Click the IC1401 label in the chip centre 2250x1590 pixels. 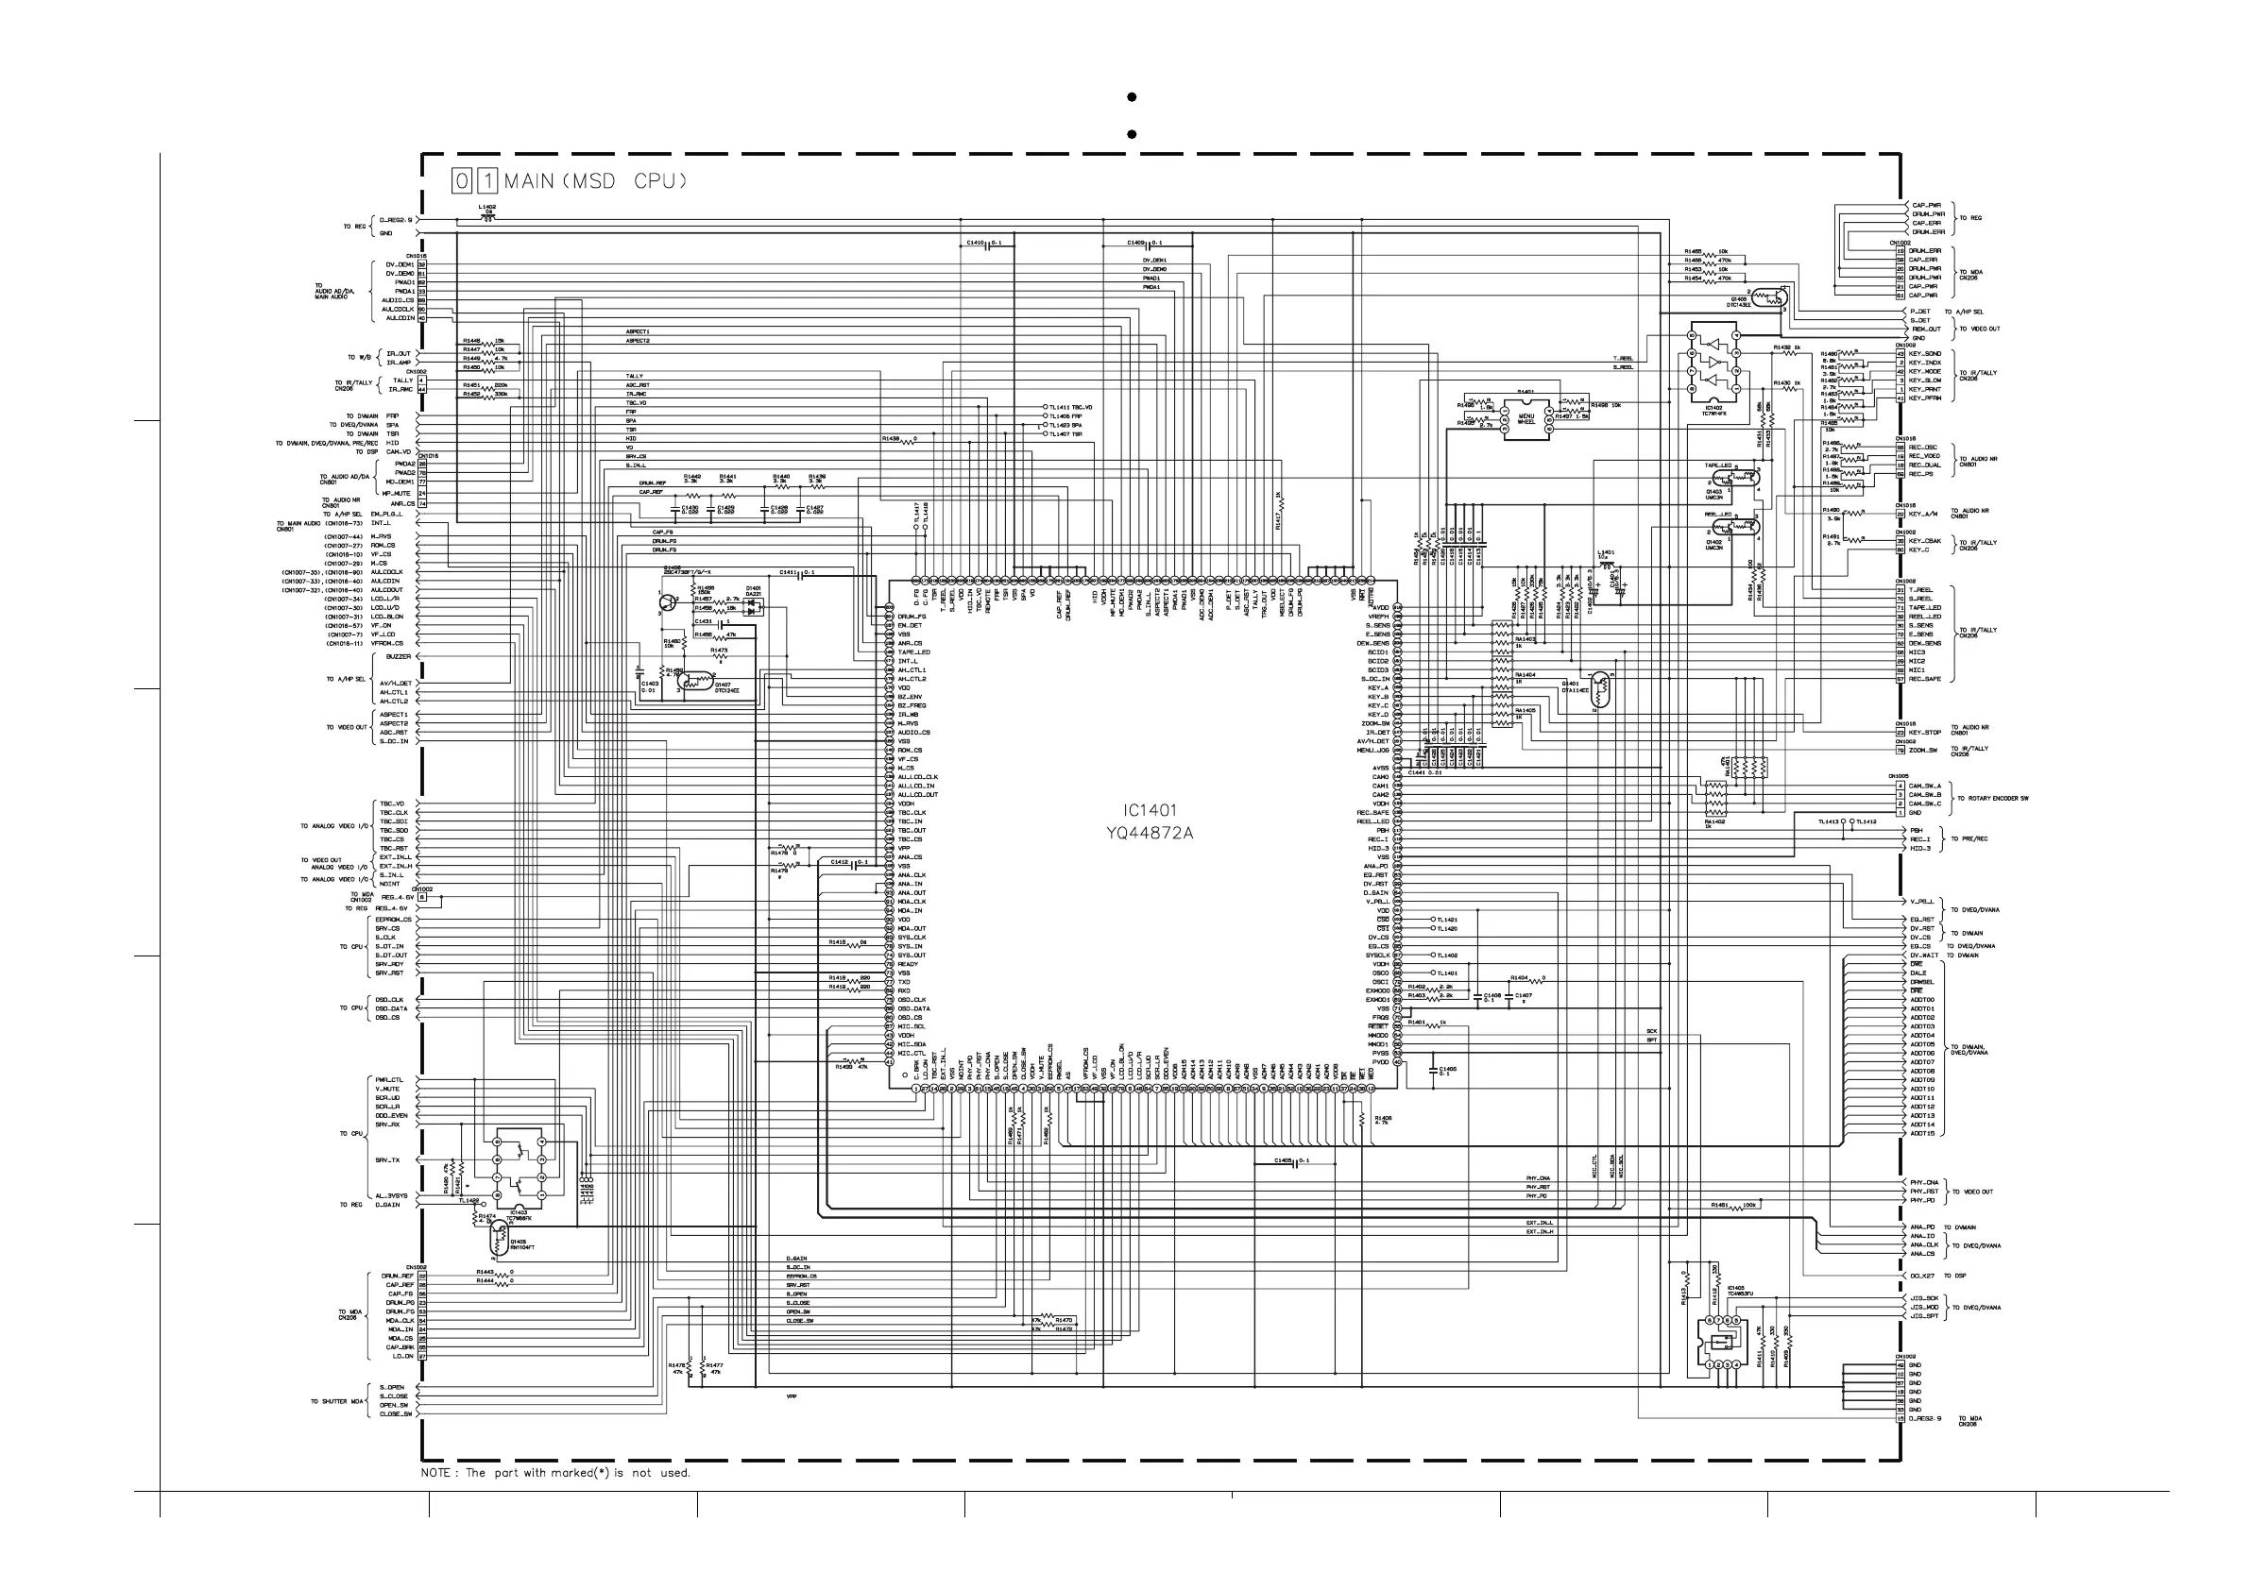(1150, 810)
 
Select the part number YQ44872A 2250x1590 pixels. (1150, 834)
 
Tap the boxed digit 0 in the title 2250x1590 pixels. (462, 180)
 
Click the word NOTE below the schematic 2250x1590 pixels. (435, 1472)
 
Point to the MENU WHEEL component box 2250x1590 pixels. (1526, 416)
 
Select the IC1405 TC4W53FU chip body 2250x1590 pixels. (1724, 1342)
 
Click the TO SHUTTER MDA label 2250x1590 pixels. (336, 1401)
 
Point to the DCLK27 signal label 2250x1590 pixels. (1922, 1276)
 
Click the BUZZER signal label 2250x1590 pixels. (398, 656)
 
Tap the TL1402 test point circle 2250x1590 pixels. (1433, 956)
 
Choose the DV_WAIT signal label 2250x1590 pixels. (1924, 956)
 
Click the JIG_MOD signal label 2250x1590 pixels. (1924, 1307)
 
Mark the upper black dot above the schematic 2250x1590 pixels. (1132, 97)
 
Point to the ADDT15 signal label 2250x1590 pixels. (1921, 1133)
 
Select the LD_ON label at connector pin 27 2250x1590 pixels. (401, 1356)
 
